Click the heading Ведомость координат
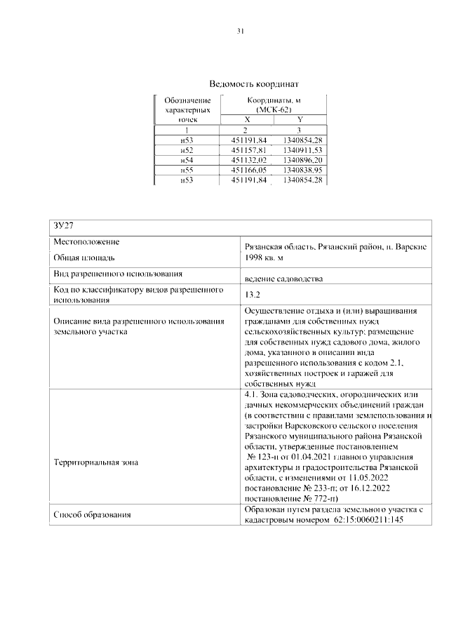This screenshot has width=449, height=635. click(x=239, y=83)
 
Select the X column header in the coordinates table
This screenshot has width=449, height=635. click(x=241, y=120)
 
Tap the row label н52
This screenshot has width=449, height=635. click(x=186, y=150)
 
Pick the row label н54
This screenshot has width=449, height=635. click(x=186, y=160)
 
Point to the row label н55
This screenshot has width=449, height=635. click(x=186, y=171)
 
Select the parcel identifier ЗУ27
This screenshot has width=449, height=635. click(x=64, y=226)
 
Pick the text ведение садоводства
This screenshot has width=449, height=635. click(x=283, y=278)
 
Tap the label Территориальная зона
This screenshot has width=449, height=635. click(x=96, y=462)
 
